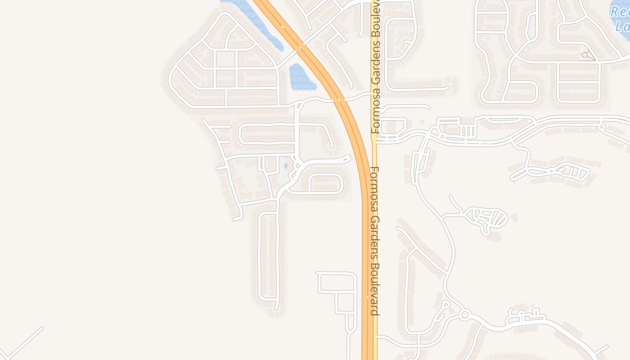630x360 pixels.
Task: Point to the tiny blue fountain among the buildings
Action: coord(286,166)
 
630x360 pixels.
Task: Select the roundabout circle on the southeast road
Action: coord(464,315)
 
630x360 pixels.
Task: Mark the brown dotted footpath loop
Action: coord(587,56)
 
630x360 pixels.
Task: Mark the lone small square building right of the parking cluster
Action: coord(422,121)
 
